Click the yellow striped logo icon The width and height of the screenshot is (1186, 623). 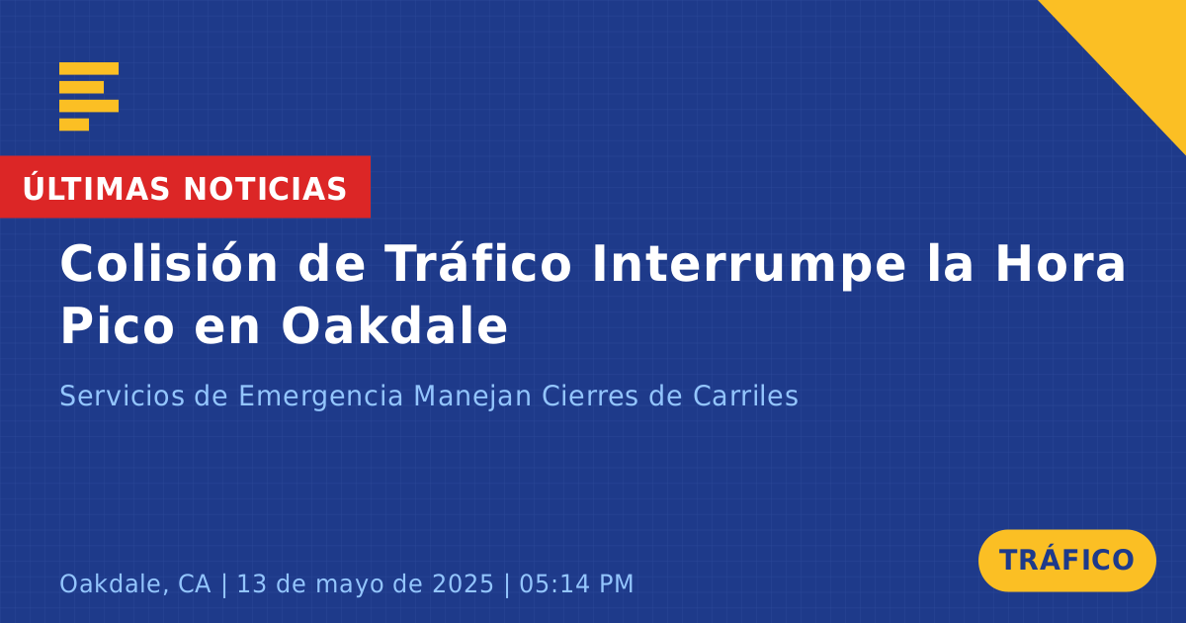coord(88,97)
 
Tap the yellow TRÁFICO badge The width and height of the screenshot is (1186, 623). coord(1066,560)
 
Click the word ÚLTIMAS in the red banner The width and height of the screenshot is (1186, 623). coord(96,188)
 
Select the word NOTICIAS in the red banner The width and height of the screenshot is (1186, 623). coord(265,189)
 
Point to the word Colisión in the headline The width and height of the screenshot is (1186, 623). coord(169,263)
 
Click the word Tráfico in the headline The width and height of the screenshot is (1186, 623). coord(478,262)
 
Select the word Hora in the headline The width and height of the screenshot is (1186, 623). coord(1060,263)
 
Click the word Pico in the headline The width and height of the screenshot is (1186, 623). coord(118,325)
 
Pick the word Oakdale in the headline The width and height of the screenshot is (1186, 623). coord(394,324)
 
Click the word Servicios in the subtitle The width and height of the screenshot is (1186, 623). coord(123,396)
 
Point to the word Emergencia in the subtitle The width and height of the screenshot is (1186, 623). coord(321,398)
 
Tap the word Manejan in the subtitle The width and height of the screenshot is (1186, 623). coord(472,398)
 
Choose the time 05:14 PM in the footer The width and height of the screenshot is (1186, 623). coord(576,583)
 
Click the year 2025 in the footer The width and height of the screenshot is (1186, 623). coord(464,583)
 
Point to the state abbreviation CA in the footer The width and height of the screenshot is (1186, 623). coord(195,583)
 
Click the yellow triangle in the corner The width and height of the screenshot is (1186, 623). coord(1139,47)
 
